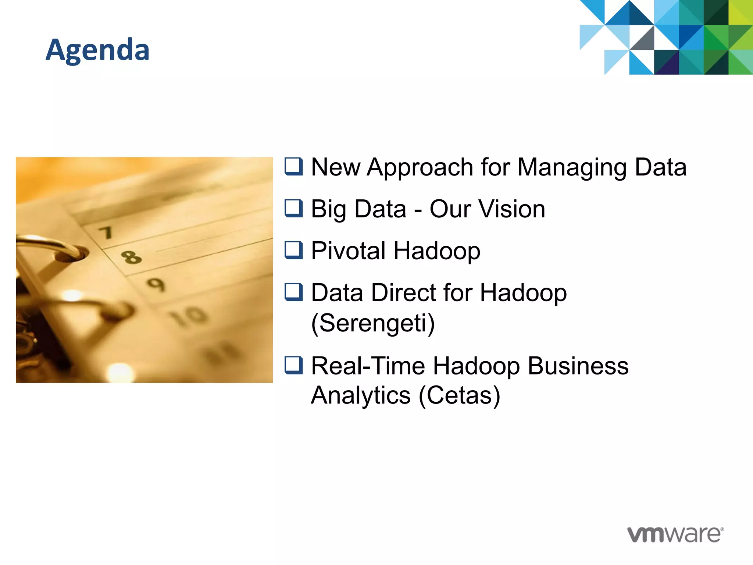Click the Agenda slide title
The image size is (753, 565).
[97, 50]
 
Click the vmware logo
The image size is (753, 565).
[675, 534]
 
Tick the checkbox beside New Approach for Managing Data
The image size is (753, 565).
[294, 167]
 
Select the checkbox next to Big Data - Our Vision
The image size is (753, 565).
[294, 209]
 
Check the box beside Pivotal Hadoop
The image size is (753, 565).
[294, 250]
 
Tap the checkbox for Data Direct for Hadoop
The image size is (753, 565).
[294, 292]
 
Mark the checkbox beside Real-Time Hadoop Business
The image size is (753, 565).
[294, 366]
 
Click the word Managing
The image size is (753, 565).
[572, 167]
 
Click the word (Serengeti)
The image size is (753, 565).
[373, 323]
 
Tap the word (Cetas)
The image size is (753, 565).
[459, 395]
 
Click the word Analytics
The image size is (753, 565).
[361, 395]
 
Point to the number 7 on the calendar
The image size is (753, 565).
[106, 232]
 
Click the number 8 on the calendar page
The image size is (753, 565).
[131, 257]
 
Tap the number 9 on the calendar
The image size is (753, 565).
[156, 284]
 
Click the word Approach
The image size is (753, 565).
[420, 167]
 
